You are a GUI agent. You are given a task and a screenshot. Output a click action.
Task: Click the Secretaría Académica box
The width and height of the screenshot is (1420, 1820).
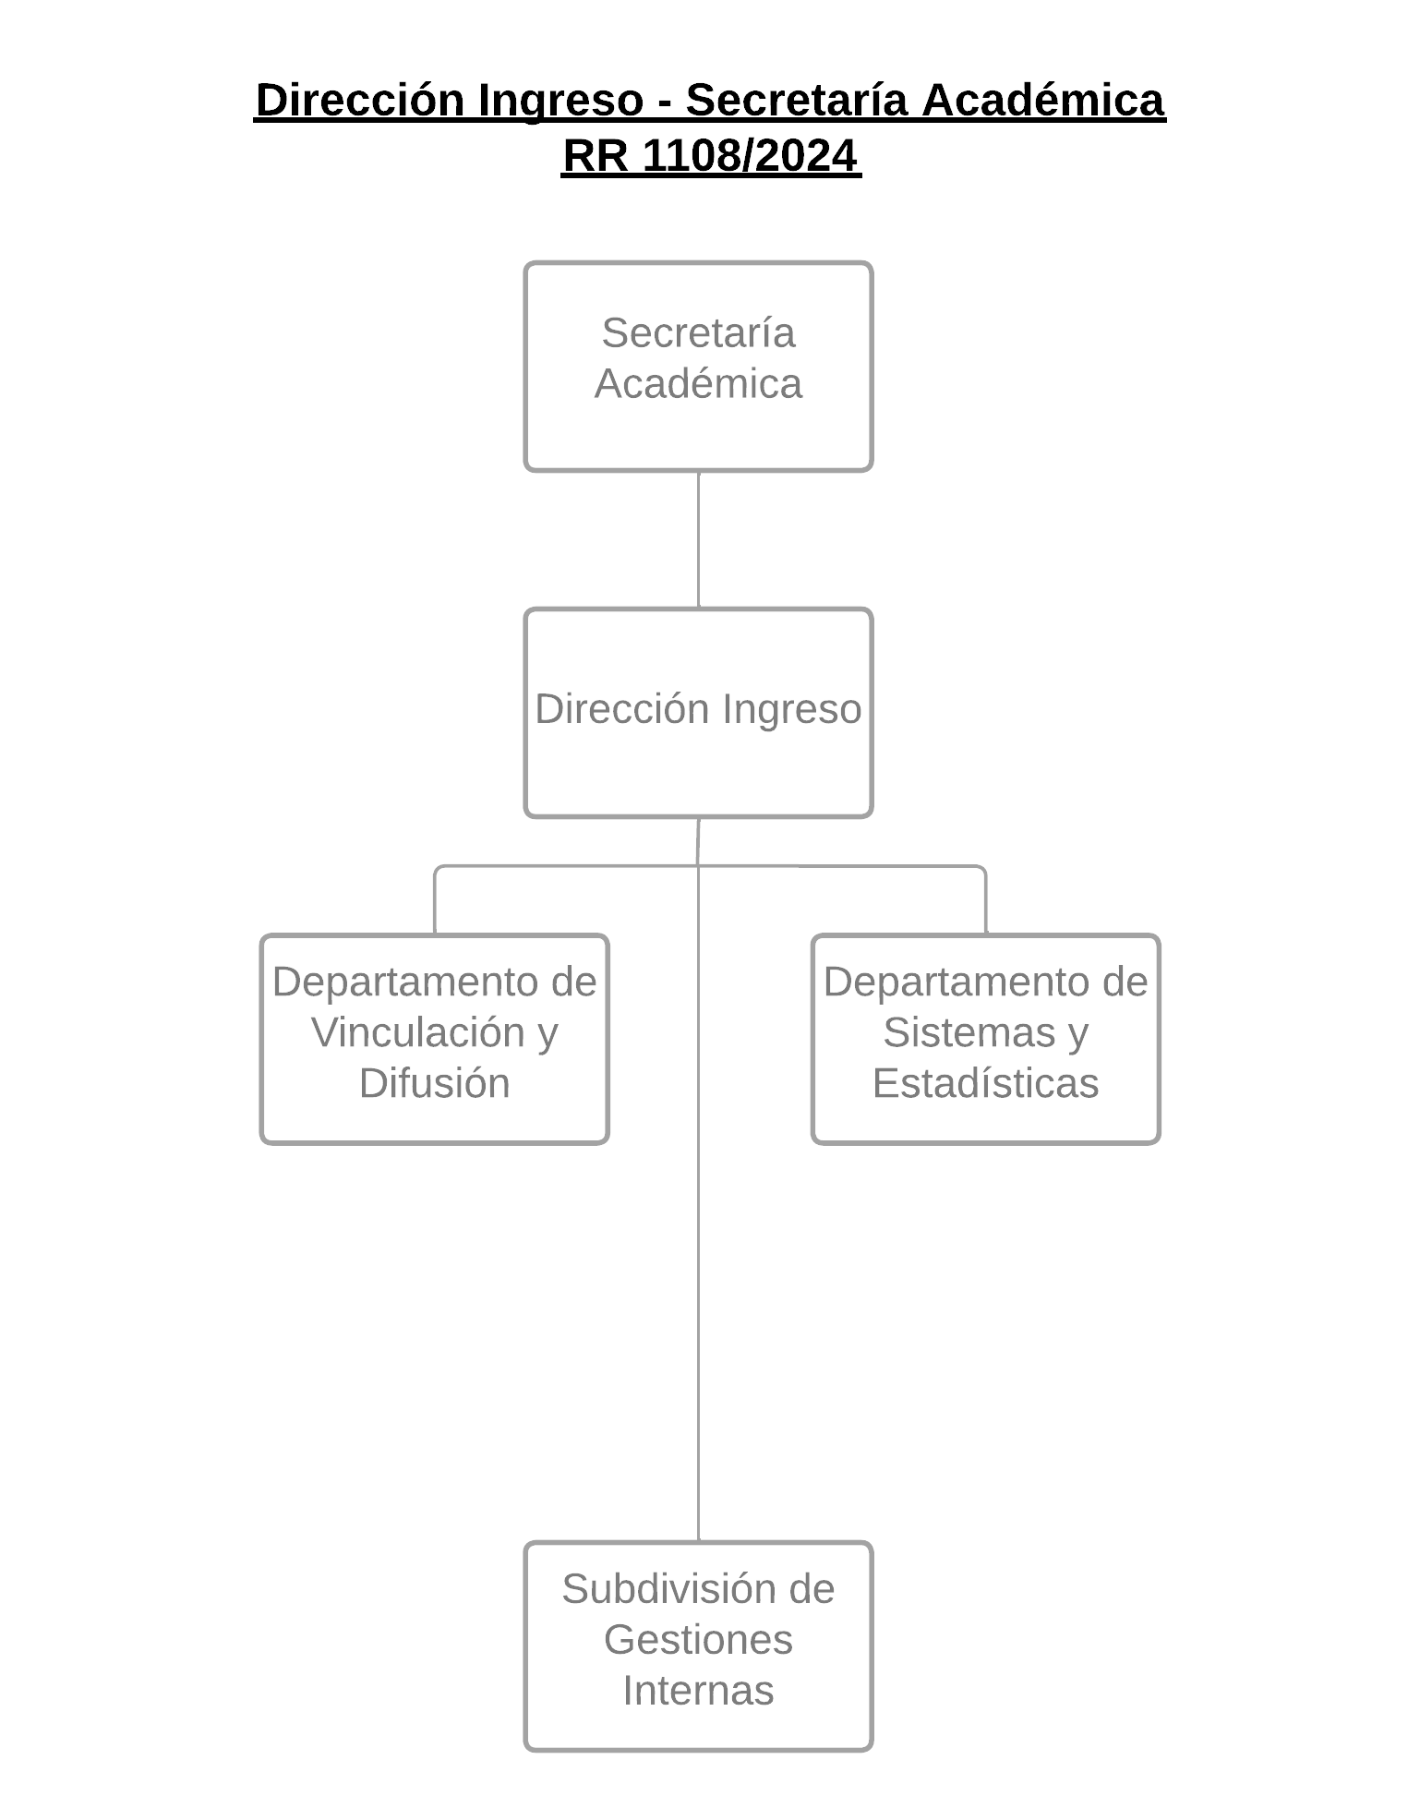pos(698,367)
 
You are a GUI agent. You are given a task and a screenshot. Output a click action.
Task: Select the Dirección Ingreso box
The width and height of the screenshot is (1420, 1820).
pos(698,712)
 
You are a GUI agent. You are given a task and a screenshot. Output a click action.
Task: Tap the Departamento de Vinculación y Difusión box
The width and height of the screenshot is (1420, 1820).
pos(434,1039)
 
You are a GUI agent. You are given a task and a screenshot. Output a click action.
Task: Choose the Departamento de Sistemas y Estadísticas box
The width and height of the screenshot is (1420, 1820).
pos(985,1039)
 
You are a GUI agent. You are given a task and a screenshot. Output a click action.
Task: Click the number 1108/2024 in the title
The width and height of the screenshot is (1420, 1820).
pos(750,155)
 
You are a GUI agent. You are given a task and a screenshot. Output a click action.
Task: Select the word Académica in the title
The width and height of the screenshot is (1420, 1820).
pos(1043,100)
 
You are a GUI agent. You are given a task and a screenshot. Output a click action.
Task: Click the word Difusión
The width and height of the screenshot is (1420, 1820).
pos(434,1082)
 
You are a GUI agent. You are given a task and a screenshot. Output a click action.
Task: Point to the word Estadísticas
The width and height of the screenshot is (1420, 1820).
pos(985,1082)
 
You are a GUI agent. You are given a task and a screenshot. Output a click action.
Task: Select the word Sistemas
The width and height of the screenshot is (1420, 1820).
pos(969,1031)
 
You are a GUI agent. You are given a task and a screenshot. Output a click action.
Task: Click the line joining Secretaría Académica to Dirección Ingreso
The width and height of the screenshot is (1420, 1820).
pos(698,540)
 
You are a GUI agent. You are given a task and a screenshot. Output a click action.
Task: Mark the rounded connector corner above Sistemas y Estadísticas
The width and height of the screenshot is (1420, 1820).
pos(982,869)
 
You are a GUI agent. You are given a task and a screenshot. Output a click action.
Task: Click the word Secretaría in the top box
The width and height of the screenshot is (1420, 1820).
pos(698,332)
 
